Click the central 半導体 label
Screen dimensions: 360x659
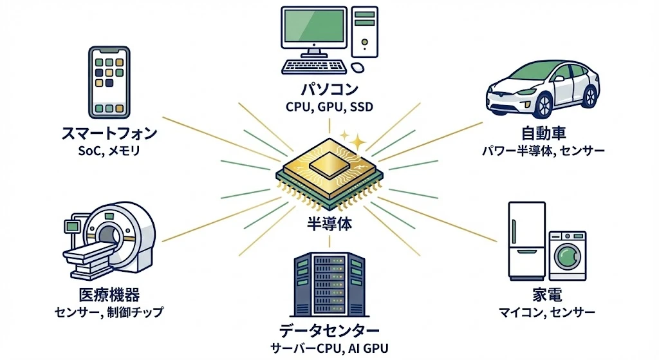(329, 225)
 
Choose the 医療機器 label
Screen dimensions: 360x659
(109, 296)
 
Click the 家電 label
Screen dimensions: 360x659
(547, 296)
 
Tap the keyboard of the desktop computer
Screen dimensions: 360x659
(315, 66)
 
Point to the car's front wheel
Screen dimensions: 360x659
(543, 103)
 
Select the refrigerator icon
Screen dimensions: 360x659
(526, 239)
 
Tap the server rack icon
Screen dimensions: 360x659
(329, 284)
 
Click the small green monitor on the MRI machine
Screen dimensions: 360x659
(71, 225)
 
